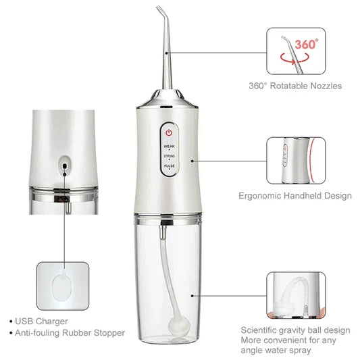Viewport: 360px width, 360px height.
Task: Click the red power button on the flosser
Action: [169, 133]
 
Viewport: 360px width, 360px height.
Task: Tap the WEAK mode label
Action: [169, 145]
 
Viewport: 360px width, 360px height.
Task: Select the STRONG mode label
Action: [169, 156]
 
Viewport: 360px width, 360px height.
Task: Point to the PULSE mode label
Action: [169, 165]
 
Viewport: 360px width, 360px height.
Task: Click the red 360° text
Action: [306, 44]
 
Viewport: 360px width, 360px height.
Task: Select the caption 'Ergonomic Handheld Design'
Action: [295, 196]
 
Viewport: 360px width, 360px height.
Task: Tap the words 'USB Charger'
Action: [43, 321]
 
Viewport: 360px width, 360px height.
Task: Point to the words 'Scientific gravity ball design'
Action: [296, 330]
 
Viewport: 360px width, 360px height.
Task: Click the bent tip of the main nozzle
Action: [159, 11]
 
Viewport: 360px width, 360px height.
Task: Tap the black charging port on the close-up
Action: [64, 163]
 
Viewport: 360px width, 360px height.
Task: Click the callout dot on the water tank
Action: [194, 294]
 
